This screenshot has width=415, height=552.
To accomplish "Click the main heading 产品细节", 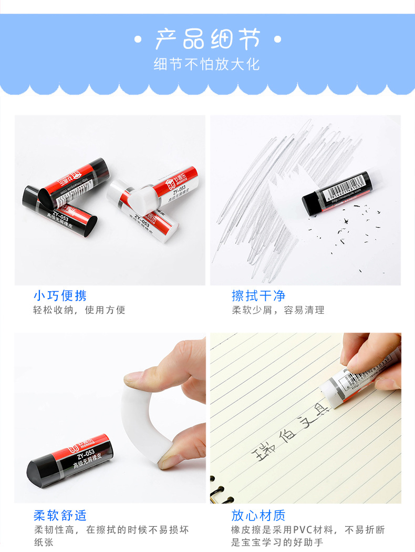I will [207, 39].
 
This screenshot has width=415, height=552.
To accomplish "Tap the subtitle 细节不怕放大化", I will [207, 64].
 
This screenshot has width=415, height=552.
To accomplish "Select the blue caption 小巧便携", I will [60, 295].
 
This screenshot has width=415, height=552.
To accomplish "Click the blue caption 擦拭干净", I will [258, 295].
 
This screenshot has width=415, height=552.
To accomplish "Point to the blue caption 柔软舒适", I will [60, 515].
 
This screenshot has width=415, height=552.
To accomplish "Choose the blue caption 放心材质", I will [258, 515].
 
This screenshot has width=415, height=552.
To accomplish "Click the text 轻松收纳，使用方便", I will [79, 310].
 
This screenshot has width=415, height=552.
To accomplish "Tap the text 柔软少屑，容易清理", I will [278, 310].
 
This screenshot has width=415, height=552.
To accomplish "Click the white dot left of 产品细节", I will [138, 39].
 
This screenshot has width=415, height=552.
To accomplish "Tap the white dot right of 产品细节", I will [278, 39].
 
